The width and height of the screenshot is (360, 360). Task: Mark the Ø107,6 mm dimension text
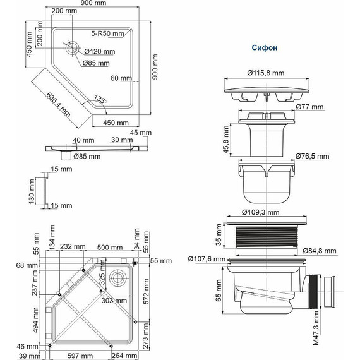coord(207,259)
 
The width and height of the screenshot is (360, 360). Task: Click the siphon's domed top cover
coord(269,89)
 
